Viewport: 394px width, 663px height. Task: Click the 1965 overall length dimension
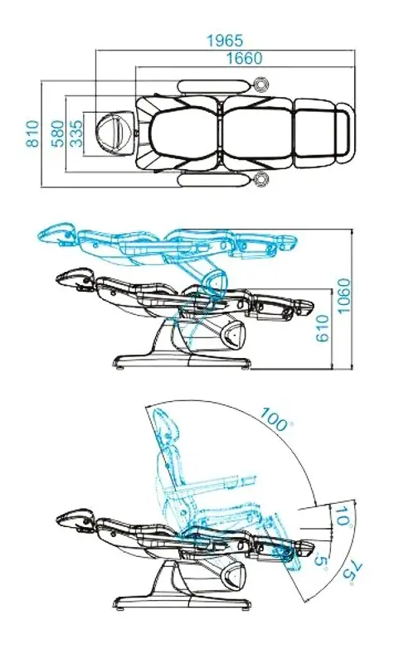(x=225, y=41)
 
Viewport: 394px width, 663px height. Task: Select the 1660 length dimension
(x=244, y=58)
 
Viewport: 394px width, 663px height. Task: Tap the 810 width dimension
(x=33, y=134)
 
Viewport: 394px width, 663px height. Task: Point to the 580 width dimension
(x=58, y=134)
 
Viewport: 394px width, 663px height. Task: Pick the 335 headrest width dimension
(x=76, y=134)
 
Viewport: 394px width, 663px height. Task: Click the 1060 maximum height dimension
(x=344, y=296)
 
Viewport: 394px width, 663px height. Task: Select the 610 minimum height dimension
(x=322, y=328)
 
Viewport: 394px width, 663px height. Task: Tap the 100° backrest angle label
(x=276, y=419)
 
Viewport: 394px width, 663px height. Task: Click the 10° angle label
(x=343, y=515)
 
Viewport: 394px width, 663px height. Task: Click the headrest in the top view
(x=114, y=129)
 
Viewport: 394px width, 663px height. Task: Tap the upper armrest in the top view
(x=214, y=87)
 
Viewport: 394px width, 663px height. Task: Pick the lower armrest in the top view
(x=214, y=180)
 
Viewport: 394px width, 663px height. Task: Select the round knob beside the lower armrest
(x=261, y=179)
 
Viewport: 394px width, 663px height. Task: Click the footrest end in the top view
(x=345, y=133)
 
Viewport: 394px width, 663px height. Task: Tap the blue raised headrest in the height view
(x=56, y=234)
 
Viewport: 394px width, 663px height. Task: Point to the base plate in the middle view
(x=182, y=362)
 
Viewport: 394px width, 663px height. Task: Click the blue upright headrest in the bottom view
(x=166, y=427)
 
